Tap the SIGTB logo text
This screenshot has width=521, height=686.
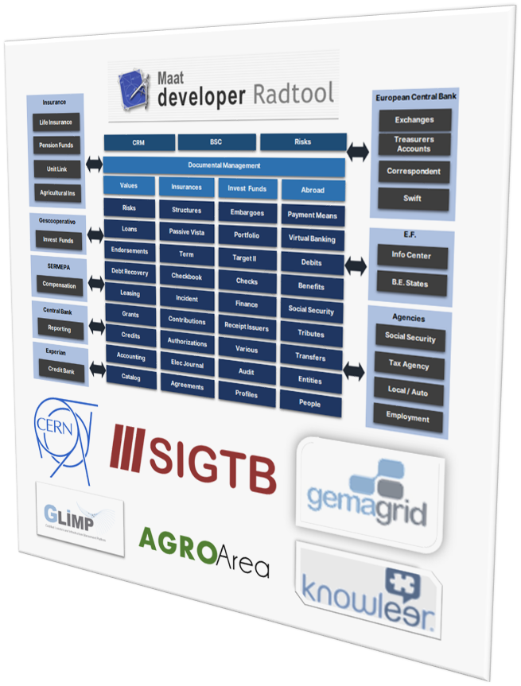[x=194, y=457]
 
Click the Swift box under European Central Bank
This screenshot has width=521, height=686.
[x=413, y=199]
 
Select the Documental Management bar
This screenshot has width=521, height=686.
[x=224, y=165]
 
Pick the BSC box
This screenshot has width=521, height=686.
[x=216, y=141]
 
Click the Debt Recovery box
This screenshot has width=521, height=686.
[x=130, y=273]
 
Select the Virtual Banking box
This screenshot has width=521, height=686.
[x=311, y=238]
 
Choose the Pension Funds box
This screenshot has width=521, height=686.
[x=56, y=146]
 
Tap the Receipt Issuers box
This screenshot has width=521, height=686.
[x=247, y=327]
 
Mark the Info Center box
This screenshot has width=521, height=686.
[x=410, y=257]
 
